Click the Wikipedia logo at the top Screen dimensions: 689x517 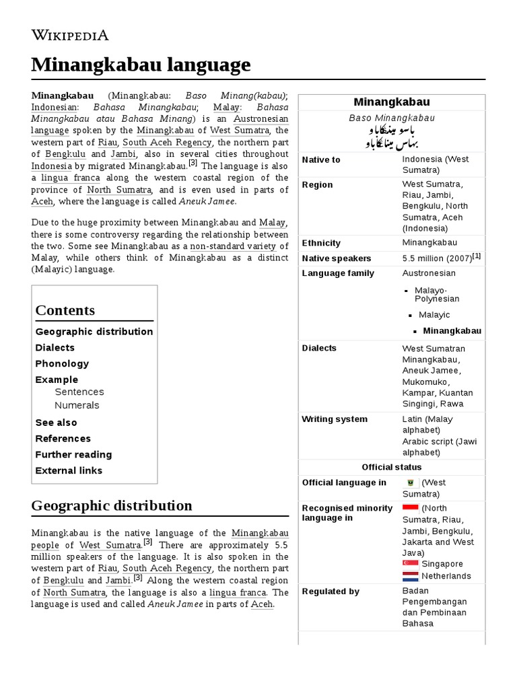(70, 35)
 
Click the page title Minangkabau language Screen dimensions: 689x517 (141, 65)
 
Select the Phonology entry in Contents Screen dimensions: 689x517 (62, 363)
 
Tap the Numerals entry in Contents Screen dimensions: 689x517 (77, 405)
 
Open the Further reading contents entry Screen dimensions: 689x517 (73, 454)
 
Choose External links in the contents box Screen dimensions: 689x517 (69, 470)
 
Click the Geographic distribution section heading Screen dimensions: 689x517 (112, 505)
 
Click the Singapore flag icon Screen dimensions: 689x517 (410, 563)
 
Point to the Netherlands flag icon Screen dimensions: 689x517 (410, 576)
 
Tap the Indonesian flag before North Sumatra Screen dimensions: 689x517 (410, 508)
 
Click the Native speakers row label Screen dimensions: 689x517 (337, 258)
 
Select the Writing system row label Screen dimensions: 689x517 (335, 419)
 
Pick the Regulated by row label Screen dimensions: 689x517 (331, 591)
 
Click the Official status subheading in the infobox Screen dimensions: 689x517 (392, 467)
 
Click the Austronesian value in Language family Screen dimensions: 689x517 (429, 273)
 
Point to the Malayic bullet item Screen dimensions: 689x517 (434, 315)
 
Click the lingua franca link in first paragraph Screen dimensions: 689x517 (70, 178)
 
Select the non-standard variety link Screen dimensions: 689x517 (233, 246)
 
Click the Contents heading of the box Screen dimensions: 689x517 (65, 310)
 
